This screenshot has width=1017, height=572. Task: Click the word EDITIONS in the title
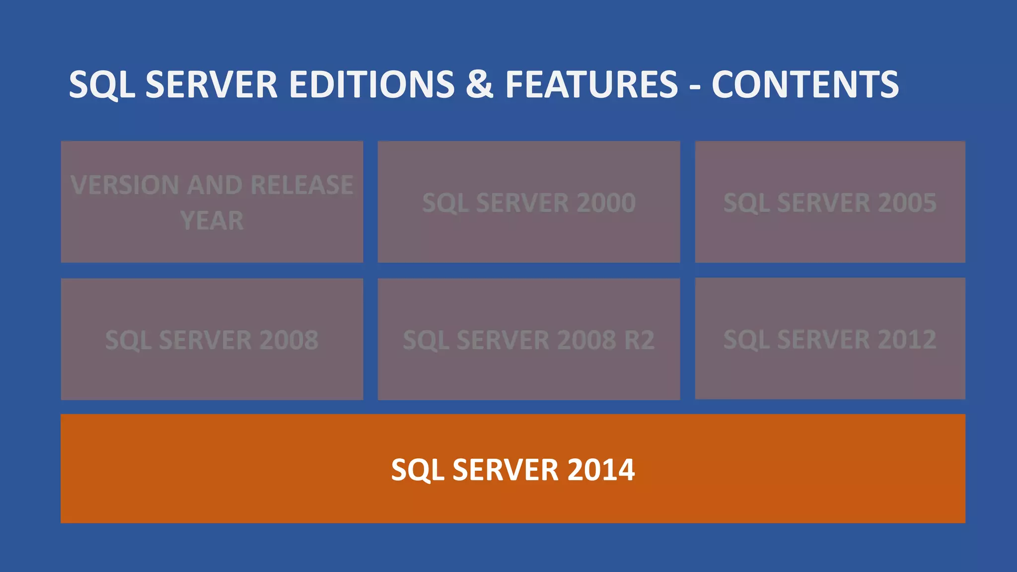coord(371,84)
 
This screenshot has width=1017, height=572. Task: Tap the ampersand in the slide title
coord(479,84)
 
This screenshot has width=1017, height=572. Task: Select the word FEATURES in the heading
coord(591,84)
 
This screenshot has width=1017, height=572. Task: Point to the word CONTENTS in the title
coord(805,84)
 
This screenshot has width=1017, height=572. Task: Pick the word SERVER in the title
coord(212,84)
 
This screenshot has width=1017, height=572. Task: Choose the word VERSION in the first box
coord(125,185)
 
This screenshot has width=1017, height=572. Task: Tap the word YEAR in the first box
coord(212,221)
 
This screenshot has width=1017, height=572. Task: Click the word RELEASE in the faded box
coord(302,185)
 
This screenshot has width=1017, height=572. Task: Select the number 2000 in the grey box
coord(606,203)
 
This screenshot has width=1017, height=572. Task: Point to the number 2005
coord(907,203)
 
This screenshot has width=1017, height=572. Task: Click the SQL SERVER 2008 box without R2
coord(212,340)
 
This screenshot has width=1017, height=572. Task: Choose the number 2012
coord(907,340)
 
